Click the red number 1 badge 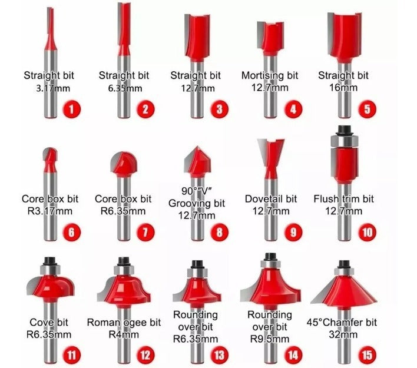[71, 109]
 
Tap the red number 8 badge [219, 232]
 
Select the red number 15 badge [367, 355]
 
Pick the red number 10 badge [367, 232]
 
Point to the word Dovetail [264, 199]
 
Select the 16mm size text [343, 88]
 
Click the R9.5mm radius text [270, 339]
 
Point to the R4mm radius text [124, 334]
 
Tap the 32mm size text [343, 334]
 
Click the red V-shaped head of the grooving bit [197, 162]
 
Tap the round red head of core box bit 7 [124, 163]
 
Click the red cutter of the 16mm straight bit [345, 37]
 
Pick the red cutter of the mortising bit [271, 38]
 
